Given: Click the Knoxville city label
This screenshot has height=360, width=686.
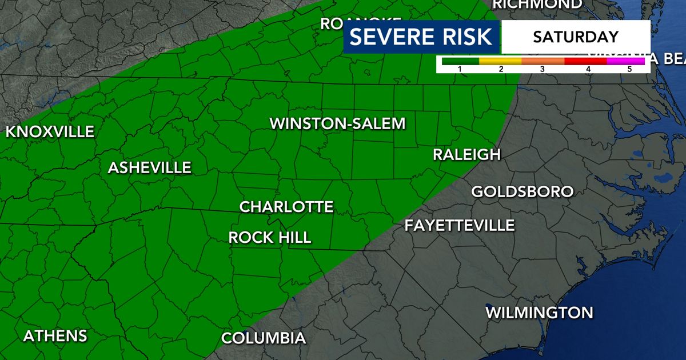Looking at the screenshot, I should (x=50, y=132).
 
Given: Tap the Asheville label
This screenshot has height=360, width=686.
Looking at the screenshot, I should (x=150, y=168).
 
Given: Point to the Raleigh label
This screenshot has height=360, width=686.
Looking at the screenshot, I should (x=466, y=154).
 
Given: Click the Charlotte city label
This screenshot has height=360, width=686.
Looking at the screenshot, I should (x=286, y=207).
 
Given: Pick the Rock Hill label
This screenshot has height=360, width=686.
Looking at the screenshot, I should (x=270, y=238).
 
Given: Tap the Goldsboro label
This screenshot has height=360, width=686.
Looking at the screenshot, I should (x=522, y=191).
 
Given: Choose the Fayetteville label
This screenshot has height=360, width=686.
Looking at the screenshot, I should (x=460, y=225).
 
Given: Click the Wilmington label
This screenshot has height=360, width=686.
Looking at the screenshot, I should (x=539, y=313).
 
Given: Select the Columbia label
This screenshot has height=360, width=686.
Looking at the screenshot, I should (x=264, y=338).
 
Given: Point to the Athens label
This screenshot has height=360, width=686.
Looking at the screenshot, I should (x=55, y=336).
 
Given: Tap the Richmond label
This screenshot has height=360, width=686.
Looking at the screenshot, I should (x=537, y=4).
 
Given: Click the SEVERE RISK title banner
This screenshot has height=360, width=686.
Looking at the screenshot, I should (x=421, y=37).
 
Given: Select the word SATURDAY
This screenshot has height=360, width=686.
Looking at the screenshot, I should (x=576, y=37).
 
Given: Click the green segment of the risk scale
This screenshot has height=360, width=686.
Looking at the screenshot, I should (x=457, y=61).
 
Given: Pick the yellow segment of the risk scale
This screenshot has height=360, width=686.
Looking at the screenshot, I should (x=500, y=61).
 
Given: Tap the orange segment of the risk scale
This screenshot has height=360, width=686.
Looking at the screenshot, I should (x=543, y=61).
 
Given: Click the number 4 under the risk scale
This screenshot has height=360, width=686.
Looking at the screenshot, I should (x=588, y=69).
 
